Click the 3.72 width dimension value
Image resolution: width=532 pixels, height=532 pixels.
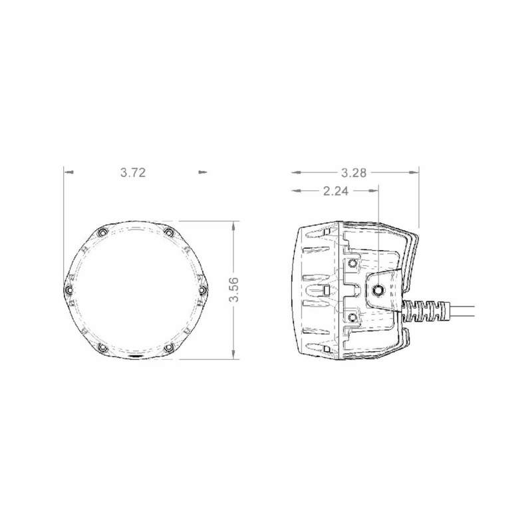[133, 172]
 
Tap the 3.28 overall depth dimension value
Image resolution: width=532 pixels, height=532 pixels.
[354, 172]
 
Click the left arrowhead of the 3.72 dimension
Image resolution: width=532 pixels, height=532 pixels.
[67, 172]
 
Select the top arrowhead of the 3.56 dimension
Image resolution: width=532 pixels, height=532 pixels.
[233, 225]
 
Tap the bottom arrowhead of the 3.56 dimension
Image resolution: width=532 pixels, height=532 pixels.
[233, 355]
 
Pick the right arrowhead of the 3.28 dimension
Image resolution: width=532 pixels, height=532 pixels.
[416, 172]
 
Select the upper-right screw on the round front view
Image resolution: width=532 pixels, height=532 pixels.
[168, 232]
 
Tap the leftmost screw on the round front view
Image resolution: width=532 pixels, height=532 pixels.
[68, 290]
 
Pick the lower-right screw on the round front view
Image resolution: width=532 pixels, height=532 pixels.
[168, 348]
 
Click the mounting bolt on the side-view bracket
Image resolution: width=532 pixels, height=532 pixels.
[378, 290]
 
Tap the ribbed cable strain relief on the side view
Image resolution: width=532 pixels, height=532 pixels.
[426, 311]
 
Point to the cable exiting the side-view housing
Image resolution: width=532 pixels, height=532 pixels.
[465, 311]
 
